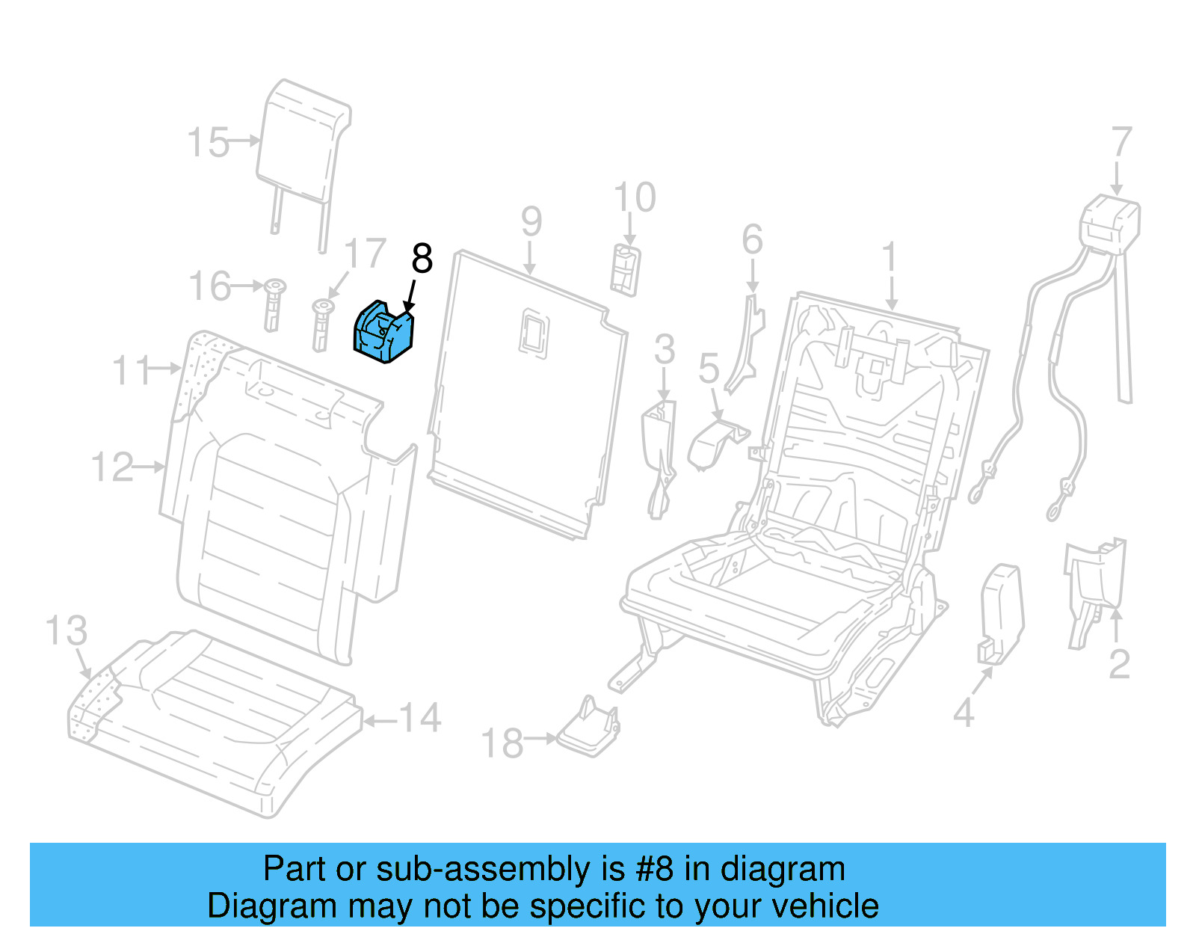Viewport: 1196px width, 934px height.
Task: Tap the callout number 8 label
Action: tap(422, 259)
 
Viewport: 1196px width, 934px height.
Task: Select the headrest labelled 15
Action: tap(303, 142)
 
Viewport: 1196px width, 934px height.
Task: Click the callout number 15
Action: tap(207, 142)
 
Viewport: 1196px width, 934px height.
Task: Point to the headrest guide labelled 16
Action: tap(274, 304)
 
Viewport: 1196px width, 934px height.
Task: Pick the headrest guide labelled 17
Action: tap(321, 325)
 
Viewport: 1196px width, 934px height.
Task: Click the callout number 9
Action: tap(531, 221)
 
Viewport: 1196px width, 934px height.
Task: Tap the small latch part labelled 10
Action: tap(625, 269)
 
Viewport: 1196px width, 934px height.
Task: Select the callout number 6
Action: tap(752, 239)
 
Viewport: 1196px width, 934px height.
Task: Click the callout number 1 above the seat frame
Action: tap(889, 258)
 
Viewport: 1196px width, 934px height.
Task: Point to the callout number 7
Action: tap(1121, 142)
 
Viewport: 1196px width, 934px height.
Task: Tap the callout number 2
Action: tap(1118, 663)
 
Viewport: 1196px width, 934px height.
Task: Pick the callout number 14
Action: tap(420, 718)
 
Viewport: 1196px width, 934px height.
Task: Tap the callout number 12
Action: tap(112, 467)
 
